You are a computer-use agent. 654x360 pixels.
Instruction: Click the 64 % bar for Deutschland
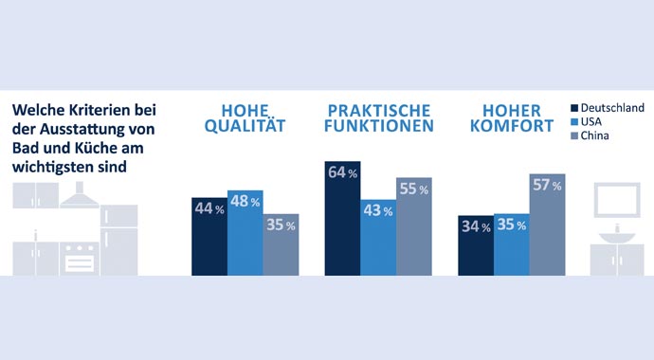[342, 219]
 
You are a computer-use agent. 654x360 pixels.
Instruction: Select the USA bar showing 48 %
[245, 232]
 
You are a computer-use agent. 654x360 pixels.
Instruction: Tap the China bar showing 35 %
[281, 244]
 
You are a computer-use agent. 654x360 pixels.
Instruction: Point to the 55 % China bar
[414, 226]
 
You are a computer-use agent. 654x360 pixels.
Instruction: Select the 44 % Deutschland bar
[209, 236]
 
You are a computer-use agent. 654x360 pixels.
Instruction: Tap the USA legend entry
[592, 122]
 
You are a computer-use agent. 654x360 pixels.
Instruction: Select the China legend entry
[595, 136]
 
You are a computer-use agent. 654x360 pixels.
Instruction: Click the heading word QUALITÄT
[233, 126]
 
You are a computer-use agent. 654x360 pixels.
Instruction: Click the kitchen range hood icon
[79, 196]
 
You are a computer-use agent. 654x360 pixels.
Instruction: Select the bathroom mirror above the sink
[617, 200]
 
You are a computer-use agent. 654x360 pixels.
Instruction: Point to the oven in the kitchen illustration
[79, 257]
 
